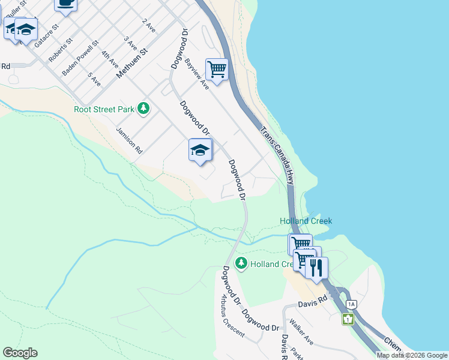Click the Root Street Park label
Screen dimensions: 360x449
tap(104, 109)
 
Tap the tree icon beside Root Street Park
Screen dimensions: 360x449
tap(143, 109)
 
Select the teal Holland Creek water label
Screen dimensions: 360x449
tap(306, 221)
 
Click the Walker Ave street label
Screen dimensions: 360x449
tap(301, 332)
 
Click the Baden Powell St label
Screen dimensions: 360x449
tap(80, 58)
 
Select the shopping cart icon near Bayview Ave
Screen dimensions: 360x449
tap(217, 68)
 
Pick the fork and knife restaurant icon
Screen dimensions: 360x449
tap(317, 267)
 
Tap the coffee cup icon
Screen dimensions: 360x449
tap(65, 4)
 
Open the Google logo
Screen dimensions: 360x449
tap(20, 353)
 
